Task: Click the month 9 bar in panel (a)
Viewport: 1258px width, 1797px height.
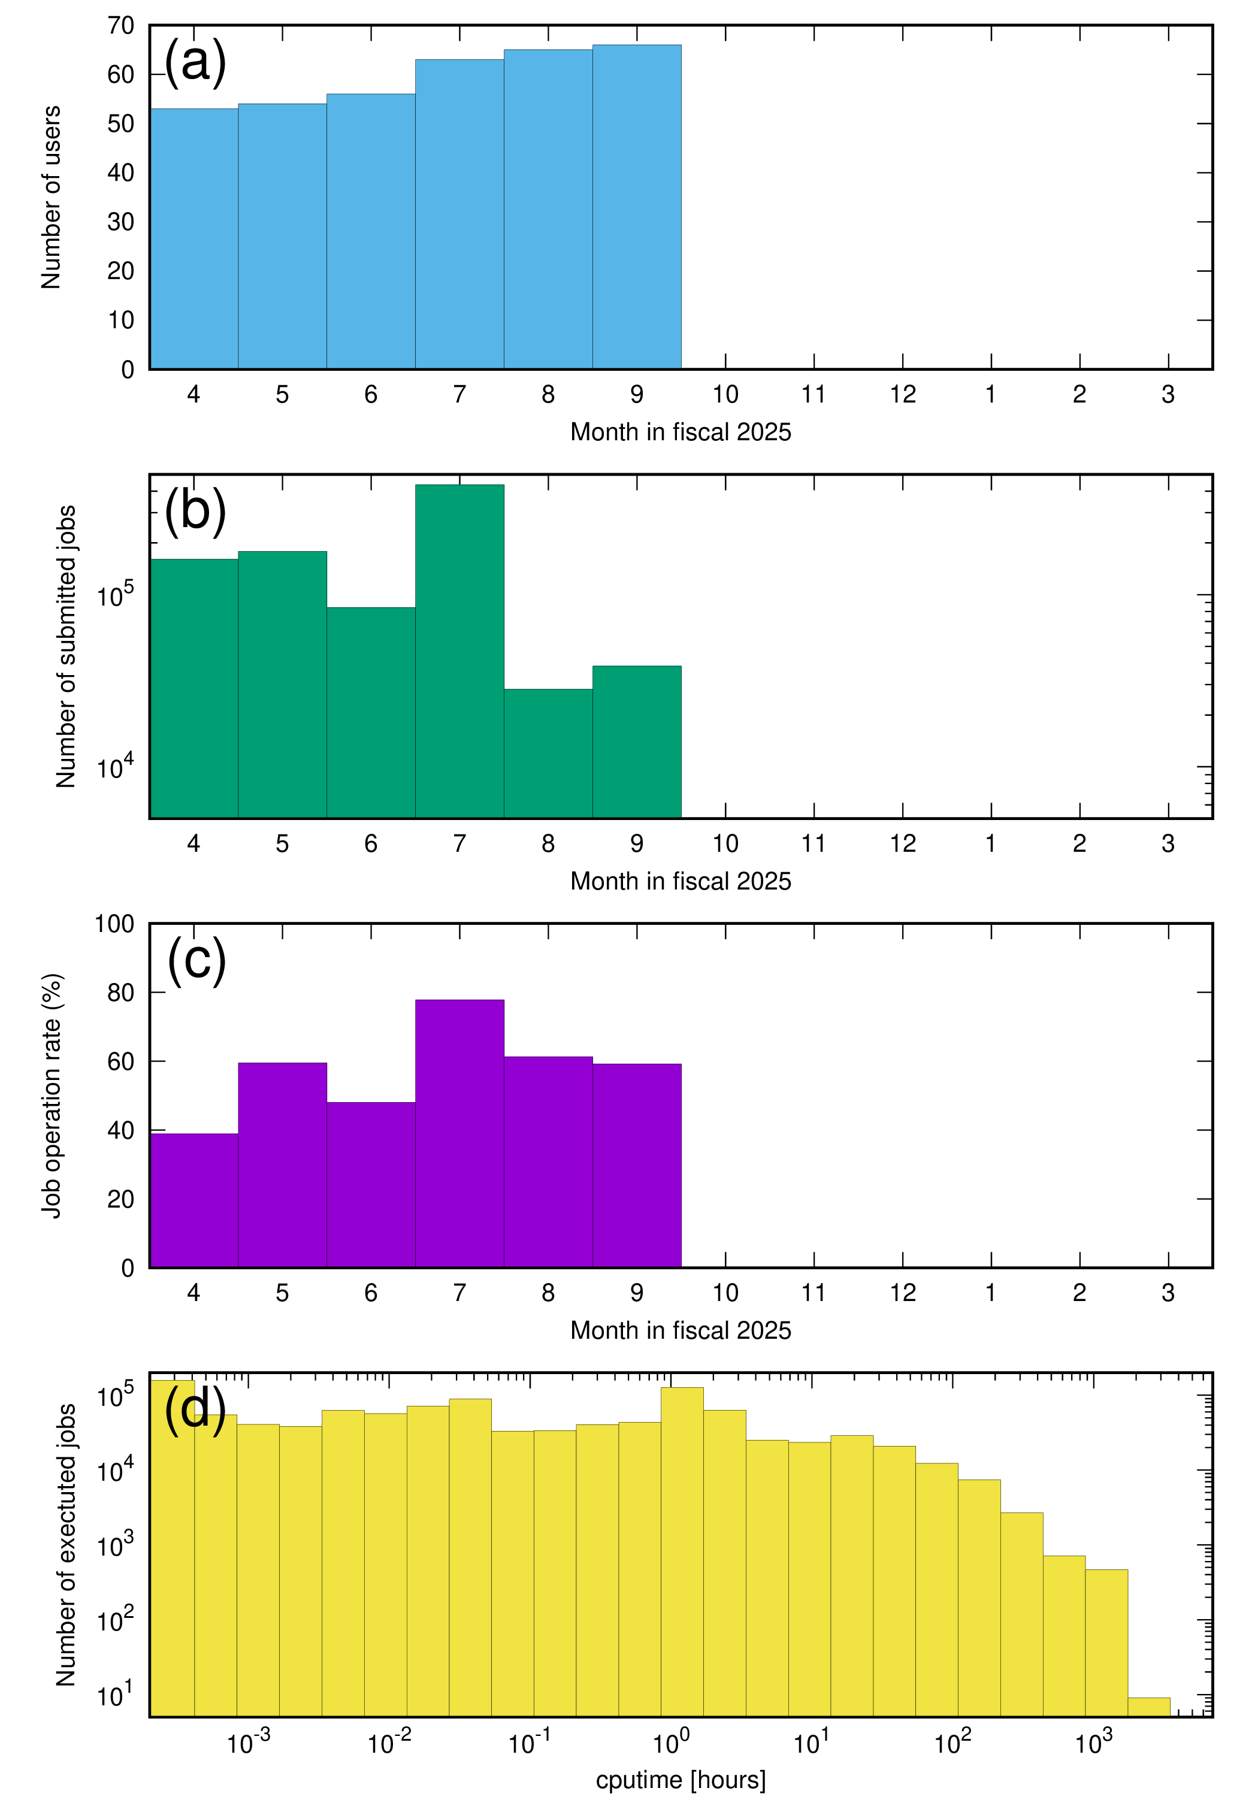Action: point(636,207)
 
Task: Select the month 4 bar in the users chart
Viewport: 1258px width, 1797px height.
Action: point(193,239)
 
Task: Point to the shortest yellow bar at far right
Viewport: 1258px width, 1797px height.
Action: point(1148,1707)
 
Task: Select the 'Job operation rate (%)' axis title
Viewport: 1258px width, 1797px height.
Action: point(52,1096)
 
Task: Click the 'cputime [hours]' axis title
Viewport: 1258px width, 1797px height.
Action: point(681,1780)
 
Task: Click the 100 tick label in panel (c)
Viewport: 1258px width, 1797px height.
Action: point(114,924)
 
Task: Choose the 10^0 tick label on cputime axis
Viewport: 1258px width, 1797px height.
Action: point(671,1743)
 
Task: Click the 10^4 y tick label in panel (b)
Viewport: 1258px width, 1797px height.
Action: point(114,767)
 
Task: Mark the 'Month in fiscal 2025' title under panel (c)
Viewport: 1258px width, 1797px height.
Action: point(681,1330)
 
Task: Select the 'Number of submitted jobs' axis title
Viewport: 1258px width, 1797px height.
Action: point(66,646)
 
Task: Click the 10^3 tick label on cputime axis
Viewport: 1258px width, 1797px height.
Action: point(1093,1743)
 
